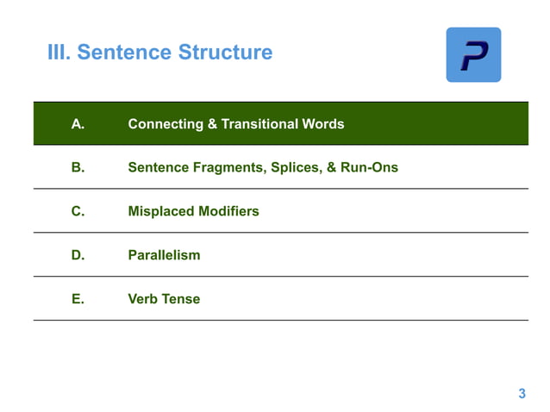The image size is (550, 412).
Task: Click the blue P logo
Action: tap(473, 55)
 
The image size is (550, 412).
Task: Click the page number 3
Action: tap(522, 395)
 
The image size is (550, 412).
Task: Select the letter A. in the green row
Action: tap(78, 124)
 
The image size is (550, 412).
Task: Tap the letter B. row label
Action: tap(78, 167)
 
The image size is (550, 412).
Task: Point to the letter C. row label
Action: tap(78, 211)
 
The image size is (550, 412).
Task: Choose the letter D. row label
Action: tap(78, 255)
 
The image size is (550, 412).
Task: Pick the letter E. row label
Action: tap(78, 299)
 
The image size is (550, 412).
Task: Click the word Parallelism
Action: tap(164, 255)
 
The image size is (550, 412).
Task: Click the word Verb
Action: tap(143, 299)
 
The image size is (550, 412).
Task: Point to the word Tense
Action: tap(181, 299)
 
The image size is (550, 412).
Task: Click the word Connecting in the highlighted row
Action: tap(166, 124)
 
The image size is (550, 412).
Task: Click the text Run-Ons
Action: tap(370, 167)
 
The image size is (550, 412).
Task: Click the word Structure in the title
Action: tap(225, 53)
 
